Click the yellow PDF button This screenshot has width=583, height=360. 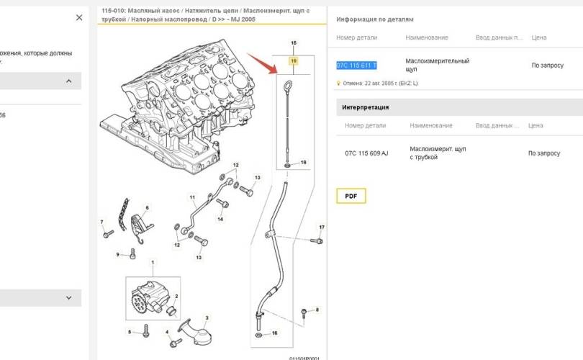point(351,196)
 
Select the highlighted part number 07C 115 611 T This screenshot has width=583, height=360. point(356,66)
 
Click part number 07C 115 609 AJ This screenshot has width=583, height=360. point(366,153)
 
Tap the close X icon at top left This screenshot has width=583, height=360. point(79,18)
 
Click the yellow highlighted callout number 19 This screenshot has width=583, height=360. point(293,62)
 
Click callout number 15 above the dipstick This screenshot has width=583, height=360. point(293,43)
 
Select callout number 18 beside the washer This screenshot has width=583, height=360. point(303,163)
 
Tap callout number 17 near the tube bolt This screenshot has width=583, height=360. point(322,228)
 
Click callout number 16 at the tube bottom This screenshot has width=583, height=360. point(274,334)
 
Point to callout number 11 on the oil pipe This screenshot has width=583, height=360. point(192,197)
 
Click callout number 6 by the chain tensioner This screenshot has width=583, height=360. point(147,208)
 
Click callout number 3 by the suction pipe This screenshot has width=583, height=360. point(207,318)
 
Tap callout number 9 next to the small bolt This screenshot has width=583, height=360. point(117,254)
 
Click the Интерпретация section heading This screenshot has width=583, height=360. point(365,107)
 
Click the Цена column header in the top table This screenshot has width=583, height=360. point(538,37)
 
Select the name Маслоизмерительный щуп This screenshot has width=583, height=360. point(437,66)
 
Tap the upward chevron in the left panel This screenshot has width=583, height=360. point(69,81)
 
